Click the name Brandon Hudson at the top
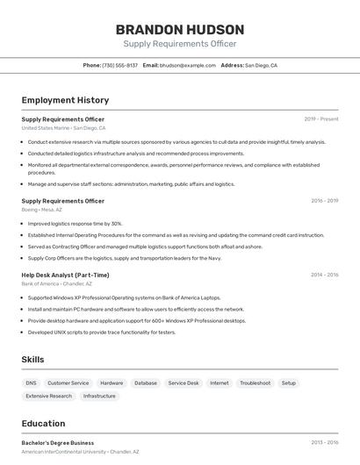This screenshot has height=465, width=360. (x=179, y=29)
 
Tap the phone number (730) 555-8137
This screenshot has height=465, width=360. (x=119, y=65)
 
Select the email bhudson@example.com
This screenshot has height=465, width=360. (x=188, y=65)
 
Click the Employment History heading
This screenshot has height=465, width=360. (x=65, y=100)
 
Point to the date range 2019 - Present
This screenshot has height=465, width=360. (x=321, y=118)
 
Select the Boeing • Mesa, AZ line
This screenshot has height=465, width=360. (x=41, y=210)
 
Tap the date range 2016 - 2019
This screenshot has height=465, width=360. (x=324, y=201)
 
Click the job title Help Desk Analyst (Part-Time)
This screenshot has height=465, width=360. (x=65, y=275)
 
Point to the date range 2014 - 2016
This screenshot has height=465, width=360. (x=324, y=275)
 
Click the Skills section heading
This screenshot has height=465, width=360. (x=33, y=360)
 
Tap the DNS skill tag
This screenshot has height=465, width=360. (x=31, y=383)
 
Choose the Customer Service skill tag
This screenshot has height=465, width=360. (x=68, y=383)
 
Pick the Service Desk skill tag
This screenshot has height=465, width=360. (x=184, y=383)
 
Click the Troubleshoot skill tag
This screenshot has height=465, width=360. (x=255, y=383)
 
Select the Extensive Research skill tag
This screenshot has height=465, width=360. (x=49, y=396)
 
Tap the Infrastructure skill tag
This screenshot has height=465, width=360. (x=99, y=396)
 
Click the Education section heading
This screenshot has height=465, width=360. (x=43, y=423)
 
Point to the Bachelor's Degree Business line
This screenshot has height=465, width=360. (x=58, y=443)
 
